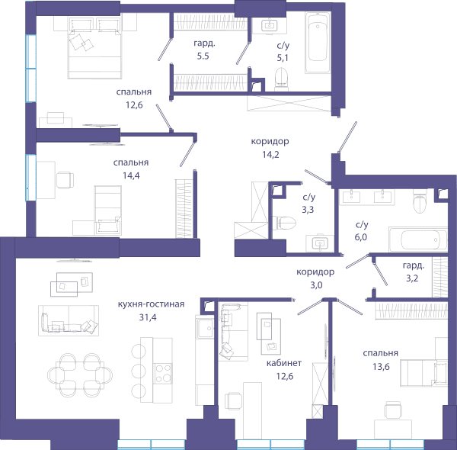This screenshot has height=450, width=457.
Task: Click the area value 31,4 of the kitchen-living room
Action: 148,317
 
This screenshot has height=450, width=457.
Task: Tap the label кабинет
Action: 284,363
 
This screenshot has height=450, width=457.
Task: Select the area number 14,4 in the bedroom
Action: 131,175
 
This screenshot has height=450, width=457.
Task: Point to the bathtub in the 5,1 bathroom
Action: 318,42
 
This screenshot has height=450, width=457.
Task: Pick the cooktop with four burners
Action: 163,373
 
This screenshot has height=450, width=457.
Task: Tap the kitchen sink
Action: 205,328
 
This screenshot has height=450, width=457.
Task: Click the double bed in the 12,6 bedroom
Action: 94,48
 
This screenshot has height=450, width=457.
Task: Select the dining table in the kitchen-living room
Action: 80,375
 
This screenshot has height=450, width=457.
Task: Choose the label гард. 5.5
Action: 203,50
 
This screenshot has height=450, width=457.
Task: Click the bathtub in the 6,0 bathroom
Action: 418,239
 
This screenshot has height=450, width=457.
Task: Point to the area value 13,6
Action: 381,366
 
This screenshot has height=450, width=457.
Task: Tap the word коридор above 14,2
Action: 270,141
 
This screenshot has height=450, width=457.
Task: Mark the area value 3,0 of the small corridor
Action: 316,284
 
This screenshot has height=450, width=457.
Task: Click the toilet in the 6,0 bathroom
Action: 420,201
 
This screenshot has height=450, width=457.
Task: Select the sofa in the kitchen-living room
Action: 69,320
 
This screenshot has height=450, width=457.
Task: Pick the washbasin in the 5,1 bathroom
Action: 270,25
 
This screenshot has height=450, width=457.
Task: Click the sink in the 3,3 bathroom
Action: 320,243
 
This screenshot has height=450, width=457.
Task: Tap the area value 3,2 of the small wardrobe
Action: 412,278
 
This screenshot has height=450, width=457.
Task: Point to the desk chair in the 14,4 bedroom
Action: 65,180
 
